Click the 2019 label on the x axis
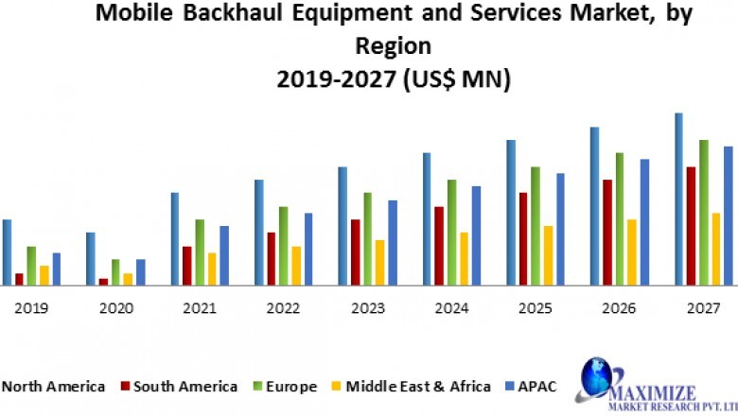click(x=31, y=308)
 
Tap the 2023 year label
click(x=367, y=308)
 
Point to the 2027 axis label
click(x=703, y=308)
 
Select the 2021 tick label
click(x=199, y=308)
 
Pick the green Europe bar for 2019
click(x=31, y=265)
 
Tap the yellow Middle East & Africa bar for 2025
click(x=548, y=254)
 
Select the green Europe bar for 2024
click(x=451, y=232)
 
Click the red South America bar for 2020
click(x=103, y=281)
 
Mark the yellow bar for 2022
click(x=296, y=265)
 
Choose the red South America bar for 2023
click(x=355, y=251)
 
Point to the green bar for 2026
click(x=620, y=218)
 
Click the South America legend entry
click(x=179, y=386)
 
